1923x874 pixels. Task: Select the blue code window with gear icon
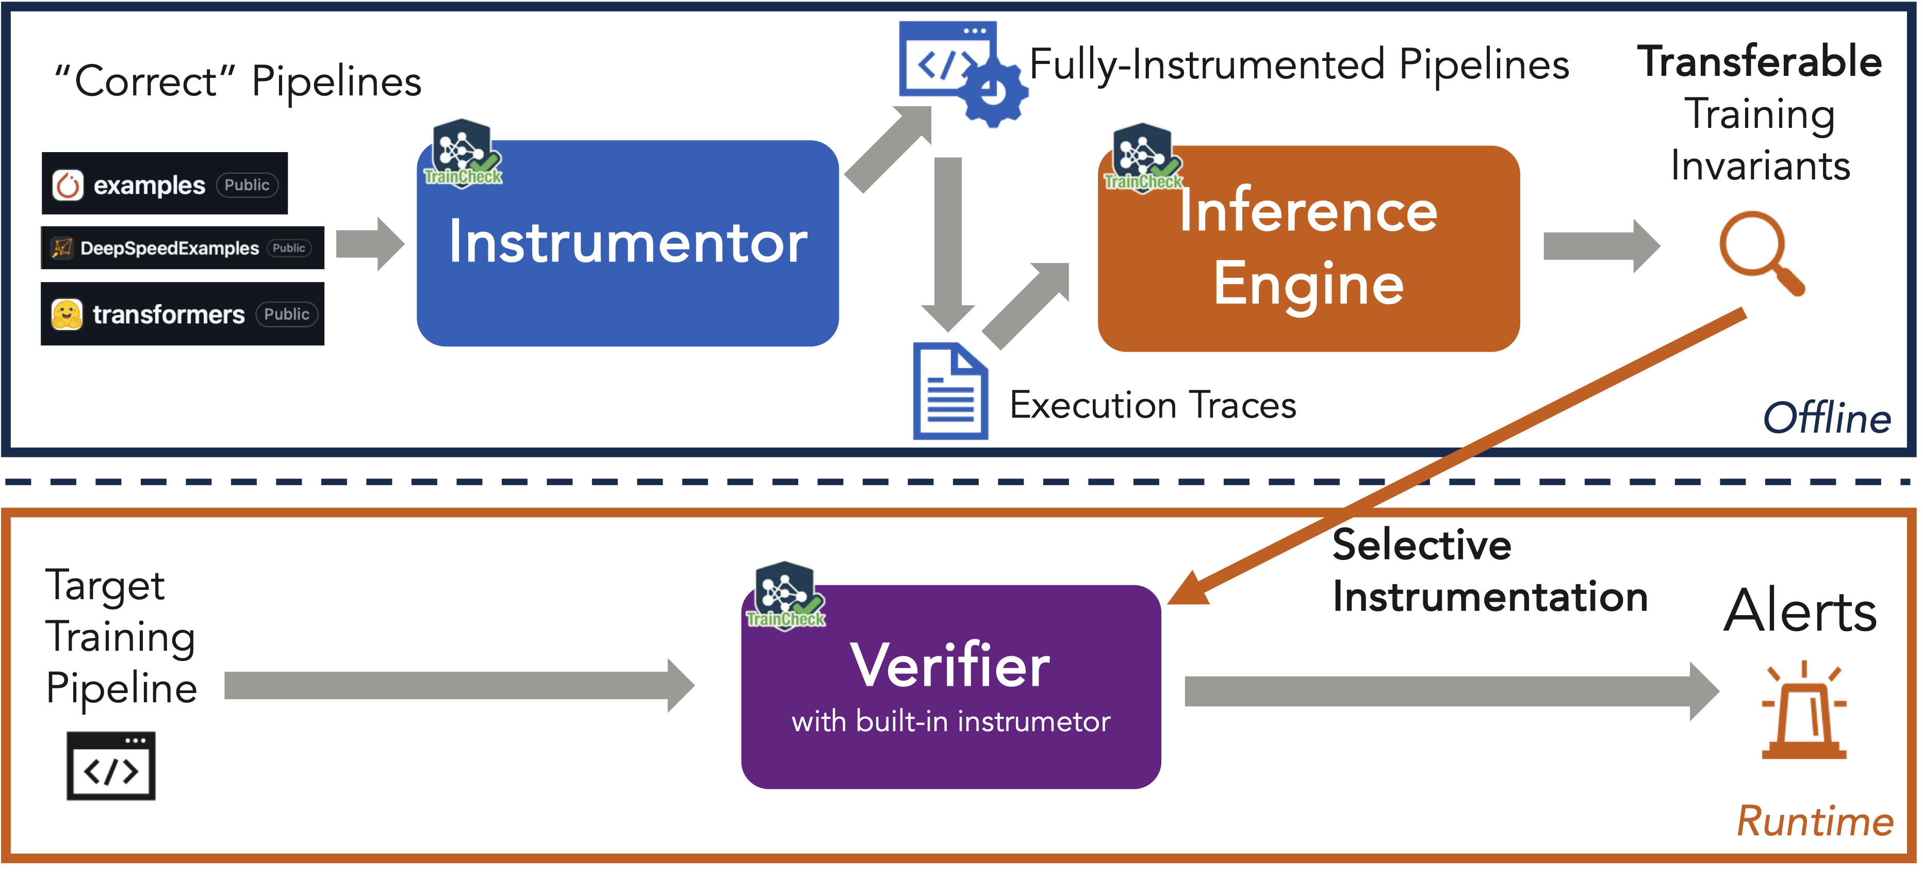(x=961, y=72)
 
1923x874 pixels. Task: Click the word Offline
(x=1826, y=418)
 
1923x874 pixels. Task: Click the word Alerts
(x=1800, y=611)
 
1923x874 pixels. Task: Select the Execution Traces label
(x=1152, y=405)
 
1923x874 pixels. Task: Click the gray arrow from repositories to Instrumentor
(x=370, y=244)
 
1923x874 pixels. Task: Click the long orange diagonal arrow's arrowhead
(x=1189, y=590)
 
